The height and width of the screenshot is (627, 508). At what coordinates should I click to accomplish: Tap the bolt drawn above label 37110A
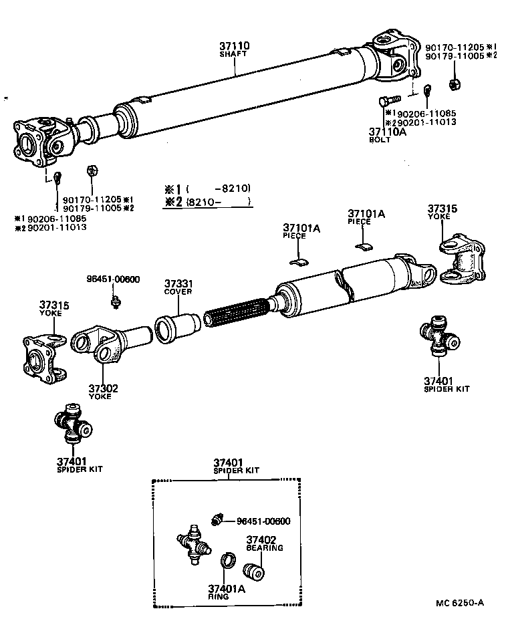383,103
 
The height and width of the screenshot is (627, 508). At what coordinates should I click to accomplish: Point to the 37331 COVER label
178,287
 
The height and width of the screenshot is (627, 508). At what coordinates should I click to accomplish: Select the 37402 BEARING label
264,543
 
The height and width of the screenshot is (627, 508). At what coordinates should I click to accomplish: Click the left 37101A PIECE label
301,231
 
